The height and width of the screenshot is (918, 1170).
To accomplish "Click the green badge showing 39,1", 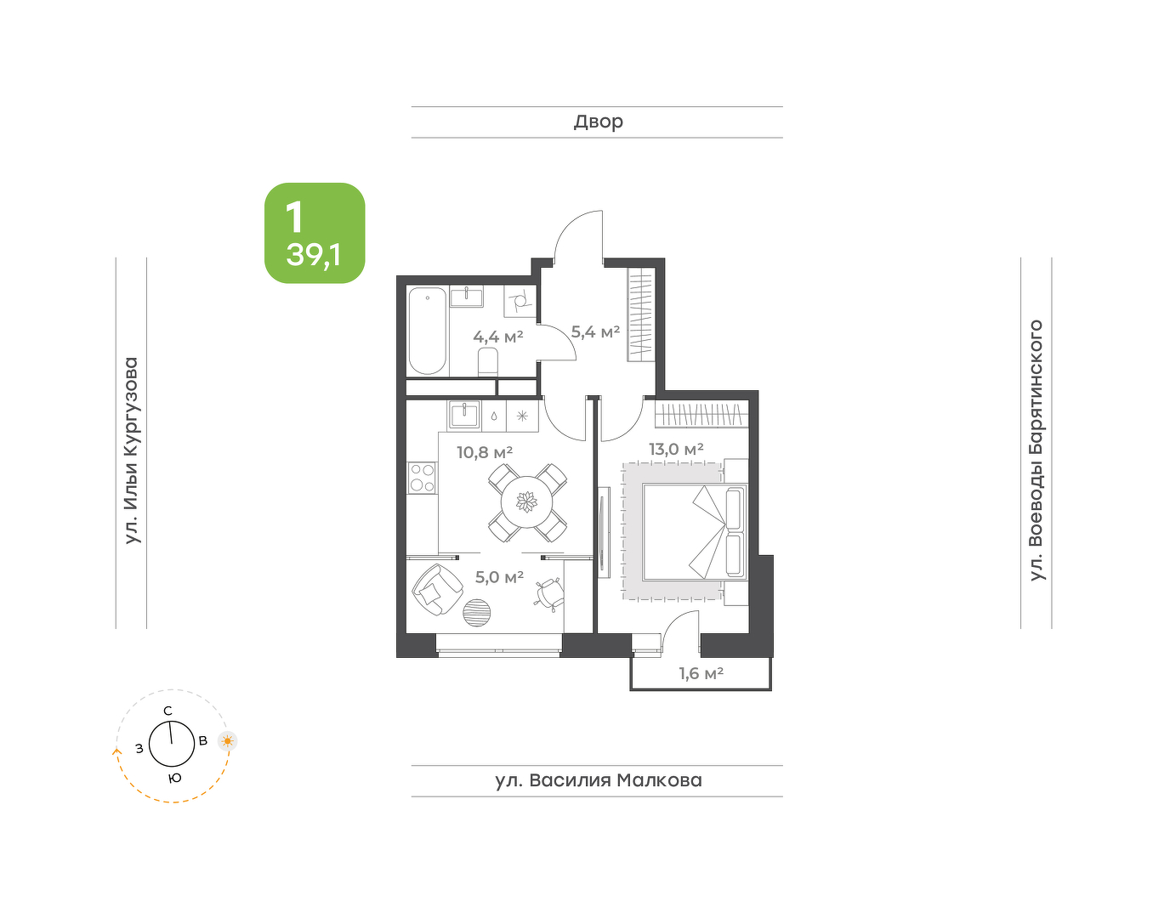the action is pyautogui.click(x=315, y=233).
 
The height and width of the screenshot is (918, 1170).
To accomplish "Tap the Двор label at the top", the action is pyautogui.click(x=599, y=122).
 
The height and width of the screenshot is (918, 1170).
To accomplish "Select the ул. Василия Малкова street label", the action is pyautogui.click(x=599, y=780).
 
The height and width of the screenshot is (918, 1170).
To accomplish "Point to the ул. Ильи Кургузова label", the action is pyautogui.click(x=132, y=450).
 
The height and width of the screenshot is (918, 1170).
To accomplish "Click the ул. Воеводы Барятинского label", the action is pyautogui.click(x=1036, y=450).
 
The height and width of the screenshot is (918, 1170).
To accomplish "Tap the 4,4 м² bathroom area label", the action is pyautogui.click(x=498, y=337).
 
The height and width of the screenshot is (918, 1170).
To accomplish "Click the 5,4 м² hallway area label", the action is pyautogui.click(x=595, y=332).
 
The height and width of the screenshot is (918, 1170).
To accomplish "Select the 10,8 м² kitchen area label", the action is pyautogui.click(x=485, y=452).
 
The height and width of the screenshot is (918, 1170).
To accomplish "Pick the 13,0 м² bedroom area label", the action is pyautogui.click(x=676, y=449).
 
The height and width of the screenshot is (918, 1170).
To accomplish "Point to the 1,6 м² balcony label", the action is pyautogui.click(x=701, y=673).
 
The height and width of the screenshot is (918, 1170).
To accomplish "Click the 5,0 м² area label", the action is pyautogui.click(x=499, y=577).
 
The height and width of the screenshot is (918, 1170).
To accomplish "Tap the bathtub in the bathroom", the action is pyautogui.click(x=428, y=331).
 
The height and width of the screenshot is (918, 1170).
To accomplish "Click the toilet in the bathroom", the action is pyautogui.click(x=488, y=362).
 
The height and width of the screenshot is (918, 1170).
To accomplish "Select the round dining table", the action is pyautogui.click(x=526, y=502).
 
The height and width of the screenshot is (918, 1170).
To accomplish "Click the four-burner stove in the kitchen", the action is pyautogui.click(x=422, y=478).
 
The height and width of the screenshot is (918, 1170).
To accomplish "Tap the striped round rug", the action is pyautogui.click(x=477, y=613).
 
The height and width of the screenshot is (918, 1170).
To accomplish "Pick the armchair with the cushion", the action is pyautogui.click(x=437, y=589).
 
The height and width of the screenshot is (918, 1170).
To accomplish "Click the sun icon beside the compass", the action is pyautogui.click(x=228, y=741).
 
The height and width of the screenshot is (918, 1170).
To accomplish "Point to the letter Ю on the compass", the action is pyautogui.click(x=174, y=779).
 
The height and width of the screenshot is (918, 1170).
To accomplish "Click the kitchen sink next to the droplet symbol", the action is pyautogui.click(x=464, y=416).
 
